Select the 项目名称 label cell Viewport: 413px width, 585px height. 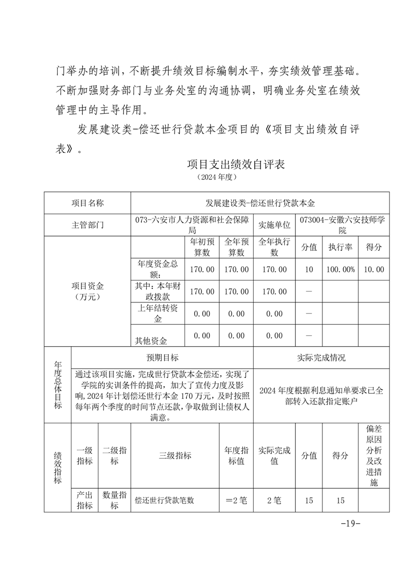87,203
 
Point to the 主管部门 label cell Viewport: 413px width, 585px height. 87,225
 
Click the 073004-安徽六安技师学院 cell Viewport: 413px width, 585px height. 342,225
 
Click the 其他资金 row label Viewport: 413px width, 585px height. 151,341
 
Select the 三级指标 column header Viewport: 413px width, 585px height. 174,455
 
